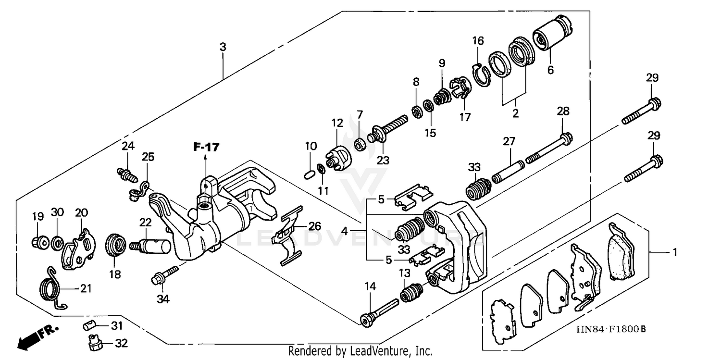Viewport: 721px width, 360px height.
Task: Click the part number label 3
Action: point(223,47)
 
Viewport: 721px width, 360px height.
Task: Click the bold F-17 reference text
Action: point(206,148)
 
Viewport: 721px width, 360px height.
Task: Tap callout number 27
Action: point(509,142)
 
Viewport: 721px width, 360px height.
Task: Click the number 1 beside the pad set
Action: point(674,252)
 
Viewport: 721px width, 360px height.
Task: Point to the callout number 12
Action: point(336,123)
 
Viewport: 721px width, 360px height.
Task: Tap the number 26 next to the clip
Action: point(314,226)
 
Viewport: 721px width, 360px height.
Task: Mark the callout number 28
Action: point(563,112)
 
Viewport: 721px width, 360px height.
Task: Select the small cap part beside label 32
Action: point(95,343)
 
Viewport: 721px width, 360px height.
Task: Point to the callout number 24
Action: point(127,146)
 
